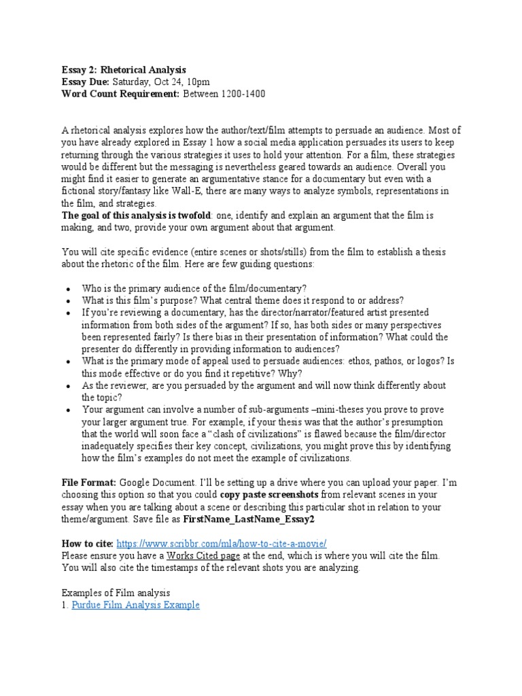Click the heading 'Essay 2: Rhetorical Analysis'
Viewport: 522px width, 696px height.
pyautogui.click(x=124, y=70)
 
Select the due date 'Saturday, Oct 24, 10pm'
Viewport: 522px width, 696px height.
pyautogui.click(x=161, y=82)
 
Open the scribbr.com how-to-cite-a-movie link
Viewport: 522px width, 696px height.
pyautogui.click(x=222, y=543)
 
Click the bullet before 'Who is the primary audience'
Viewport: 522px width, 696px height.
pyautogui.click(x=69, y=289)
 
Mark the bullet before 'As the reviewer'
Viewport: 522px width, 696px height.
pyautogui.click(x=69, y=386)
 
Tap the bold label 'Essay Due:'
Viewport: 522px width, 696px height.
pyautogui.click(x=86, y=82)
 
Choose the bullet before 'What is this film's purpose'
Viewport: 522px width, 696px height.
pyautogui.click(x=69, y=301)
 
